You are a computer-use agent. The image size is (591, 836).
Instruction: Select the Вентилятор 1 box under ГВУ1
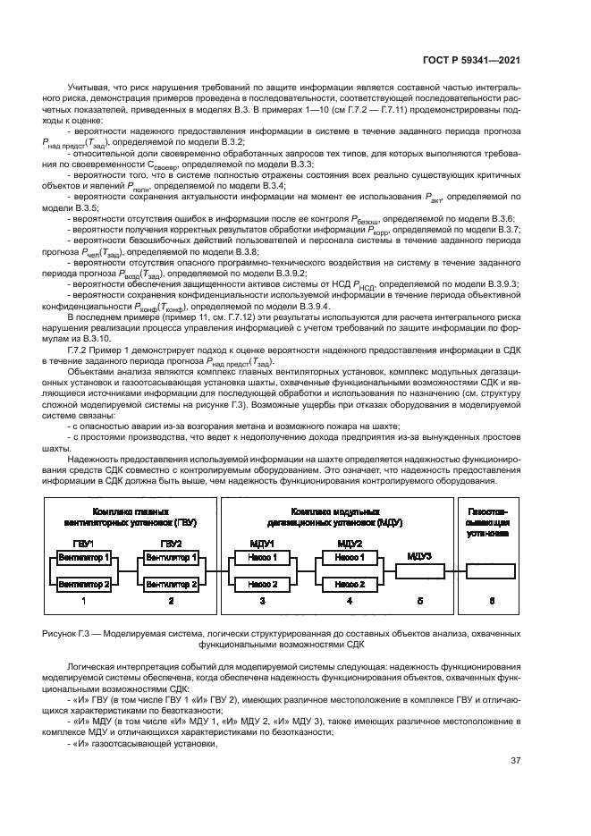point(84,556)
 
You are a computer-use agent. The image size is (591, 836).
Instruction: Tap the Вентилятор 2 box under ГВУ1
point(84,583)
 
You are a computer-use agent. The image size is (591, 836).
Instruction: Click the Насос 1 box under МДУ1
point(262,556)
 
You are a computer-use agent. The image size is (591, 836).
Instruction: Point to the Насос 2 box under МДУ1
point(262,583)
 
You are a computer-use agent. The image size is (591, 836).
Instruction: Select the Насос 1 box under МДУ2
point(349,556)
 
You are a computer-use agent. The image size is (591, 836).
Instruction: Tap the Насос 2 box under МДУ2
point(349,583)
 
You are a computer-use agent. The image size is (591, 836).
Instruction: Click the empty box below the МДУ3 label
point(418,570)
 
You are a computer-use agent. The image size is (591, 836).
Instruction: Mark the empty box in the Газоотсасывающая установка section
point(489,570)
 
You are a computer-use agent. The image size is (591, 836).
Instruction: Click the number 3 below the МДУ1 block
point(262,603)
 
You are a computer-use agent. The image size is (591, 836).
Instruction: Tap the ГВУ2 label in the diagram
point(171,542)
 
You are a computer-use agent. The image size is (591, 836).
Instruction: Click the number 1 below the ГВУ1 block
point(84,603)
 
